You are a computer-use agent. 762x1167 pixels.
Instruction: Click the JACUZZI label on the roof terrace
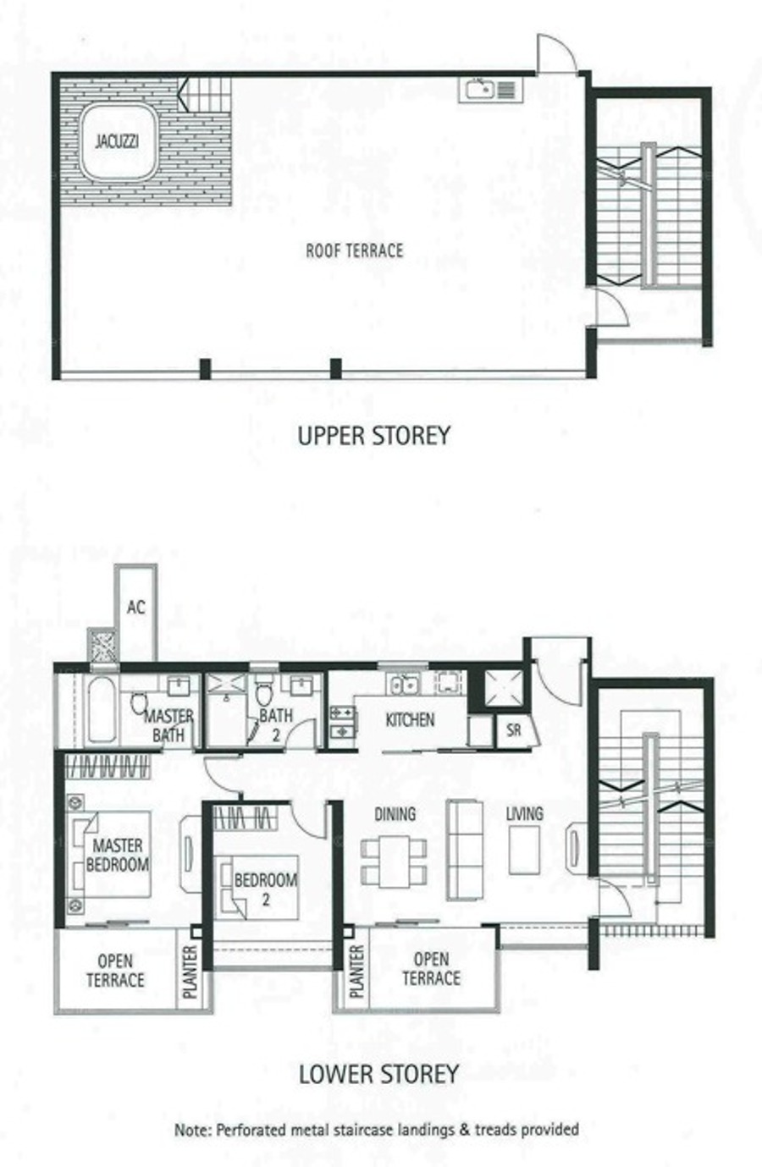[x=117, y=141]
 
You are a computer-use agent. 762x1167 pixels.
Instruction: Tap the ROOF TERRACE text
[x=355, y=250]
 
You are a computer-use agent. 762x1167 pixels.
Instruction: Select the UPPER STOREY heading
[x=373, y=436]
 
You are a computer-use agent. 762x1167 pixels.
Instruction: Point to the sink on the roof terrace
[x=480, y=90]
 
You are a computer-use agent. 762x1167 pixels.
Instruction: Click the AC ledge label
[x=136, y=607]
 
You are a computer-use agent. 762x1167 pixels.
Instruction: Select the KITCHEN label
[x=410, y=720]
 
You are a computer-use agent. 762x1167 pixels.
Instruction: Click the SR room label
[x=513, y=729]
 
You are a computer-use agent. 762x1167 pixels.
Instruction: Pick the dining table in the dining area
[x=394, y=861]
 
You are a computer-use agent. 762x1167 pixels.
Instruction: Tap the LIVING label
[x=524, y=814]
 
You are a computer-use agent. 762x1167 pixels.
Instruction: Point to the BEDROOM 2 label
[x=266, y=889]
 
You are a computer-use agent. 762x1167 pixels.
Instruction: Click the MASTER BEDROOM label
[x=118, y=855]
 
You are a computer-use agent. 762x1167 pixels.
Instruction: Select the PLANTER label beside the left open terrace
[x=190, y=972]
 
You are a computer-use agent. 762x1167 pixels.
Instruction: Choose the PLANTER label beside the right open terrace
[x=356, y=972]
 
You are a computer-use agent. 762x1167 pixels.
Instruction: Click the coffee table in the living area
[x=525, y=850]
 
